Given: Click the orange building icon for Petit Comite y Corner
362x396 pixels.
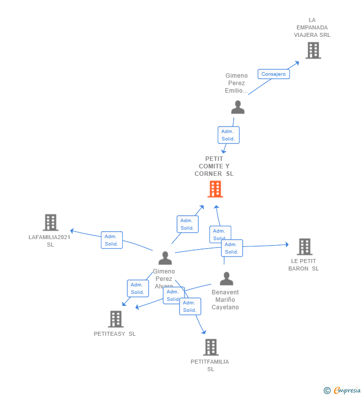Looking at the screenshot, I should point(215,189).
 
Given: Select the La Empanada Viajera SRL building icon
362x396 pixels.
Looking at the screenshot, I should point(313,50).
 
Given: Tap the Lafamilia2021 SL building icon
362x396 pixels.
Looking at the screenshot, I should point(50,223).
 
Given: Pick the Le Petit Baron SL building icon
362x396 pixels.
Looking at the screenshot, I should point(304,247).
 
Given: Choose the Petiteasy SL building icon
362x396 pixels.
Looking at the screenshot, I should point(115,319).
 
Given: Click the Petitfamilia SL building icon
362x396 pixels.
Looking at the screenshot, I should point(210,347).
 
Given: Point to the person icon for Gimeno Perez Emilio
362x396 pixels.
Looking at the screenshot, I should point(238,108).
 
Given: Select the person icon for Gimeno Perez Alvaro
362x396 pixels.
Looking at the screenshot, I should point(165,258).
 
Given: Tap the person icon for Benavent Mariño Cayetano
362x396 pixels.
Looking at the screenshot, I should point(226,279).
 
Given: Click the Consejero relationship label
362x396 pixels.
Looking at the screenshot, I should point(273,74).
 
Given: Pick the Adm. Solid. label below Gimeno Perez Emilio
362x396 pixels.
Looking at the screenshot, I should point(228,135).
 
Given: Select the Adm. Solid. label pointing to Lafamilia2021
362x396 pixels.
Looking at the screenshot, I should point(111,240).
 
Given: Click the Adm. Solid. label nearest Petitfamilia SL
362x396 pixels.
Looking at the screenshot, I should point(190,306).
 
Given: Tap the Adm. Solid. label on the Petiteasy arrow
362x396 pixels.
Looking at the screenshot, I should point(137,288).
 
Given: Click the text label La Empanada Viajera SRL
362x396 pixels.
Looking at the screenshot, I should point(312,27).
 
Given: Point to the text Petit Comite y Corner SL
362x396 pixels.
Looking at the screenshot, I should point(214,166).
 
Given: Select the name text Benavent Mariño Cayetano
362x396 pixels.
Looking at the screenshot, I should point(225,300).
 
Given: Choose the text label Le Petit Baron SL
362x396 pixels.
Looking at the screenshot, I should point(303,264).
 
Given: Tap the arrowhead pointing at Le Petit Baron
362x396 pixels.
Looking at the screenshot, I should point(286,245).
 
